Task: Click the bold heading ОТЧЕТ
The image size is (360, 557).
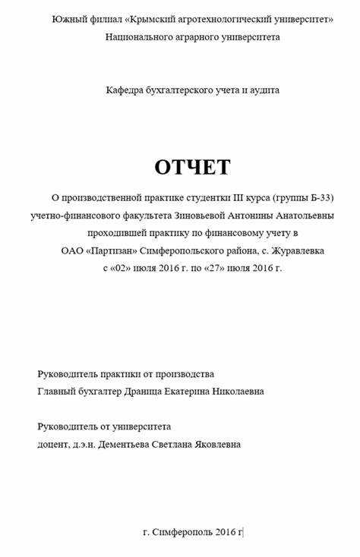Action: tap(192, 167)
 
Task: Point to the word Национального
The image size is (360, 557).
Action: tap(139, 36)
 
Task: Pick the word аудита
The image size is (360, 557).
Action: tap(264, 90)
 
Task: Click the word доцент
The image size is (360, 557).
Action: tap(52, 444)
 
